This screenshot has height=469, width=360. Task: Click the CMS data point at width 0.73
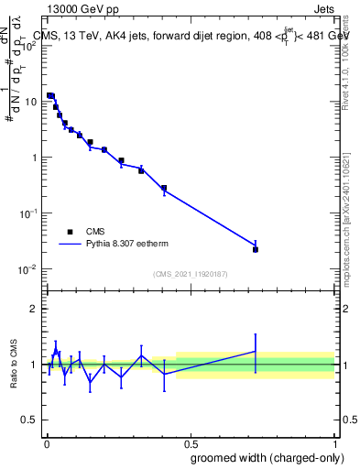coord(256,249)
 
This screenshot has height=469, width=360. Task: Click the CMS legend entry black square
coord(69,232)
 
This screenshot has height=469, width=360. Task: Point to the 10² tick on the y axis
coord(43,46)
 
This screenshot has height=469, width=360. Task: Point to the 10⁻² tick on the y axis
coord(43,268)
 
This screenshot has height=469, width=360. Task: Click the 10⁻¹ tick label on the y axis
coord(29,213)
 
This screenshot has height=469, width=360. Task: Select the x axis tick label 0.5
coord(190,442)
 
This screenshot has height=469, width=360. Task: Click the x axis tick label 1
coord(334,442)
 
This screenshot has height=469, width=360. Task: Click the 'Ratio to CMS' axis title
coord(14,364)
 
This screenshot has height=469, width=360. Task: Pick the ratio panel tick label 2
coord(33,309)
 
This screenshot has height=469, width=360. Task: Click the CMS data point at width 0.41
coord(164,188)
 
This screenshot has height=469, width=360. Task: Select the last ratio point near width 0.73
coord(256,351)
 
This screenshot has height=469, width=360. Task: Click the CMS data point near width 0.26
coord(121,160)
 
